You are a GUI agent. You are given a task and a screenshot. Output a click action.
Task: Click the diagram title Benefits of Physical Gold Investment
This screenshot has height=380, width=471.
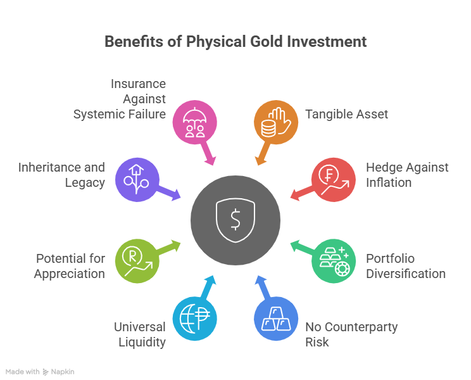tap(235, 42)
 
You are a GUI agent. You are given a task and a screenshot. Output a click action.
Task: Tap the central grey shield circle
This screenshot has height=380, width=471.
tap(235, 220)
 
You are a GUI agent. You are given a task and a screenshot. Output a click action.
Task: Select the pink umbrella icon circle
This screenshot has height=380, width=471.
tap(194, 121)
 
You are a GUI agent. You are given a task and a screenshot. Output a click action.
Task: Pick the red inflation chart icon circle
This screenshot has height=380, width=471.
tap(334, 179)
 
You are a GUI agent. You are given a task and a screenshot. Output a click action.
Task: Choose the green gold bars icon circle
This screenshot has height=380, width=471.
tap(334, 260)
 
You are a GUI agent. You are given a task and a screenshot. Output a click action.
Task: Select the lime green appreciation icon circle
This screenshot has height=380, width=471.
tap(136, 260)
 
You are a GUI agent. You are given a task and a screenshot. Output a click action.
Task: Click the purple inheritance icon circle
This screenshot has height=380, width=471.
tap(136, 179)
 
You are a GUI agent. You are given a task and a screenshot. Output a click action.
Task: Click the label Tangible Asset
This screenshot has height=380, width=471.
tap(346, 114)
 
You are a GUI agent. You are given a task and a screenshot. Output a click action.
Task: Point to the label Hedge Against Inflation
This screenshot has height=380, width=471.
tap(407, 175)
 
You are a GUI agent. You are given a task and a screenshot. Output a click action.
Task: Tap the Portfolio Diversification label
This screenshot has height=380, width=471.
tap(406, 266)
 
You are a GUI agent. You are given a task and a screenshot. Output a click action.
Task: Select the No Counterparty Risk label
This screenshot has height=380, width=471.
tap(351, 334)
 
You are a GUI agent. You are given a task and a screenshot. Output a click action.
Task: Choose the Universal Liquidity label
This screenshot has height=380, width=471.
tap(139, 334)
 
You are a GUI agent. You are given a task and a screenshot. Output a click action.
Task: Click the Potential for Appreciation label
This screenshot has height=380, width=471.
tap(69, 266)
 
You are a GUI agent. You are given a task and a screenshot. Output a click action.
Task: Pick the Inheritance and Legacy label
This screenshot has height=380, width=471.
tap(61, 175)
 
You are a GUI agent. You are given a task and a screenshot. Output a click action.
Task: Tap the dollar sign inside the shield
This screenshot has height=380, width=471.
tap(235, 220)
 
